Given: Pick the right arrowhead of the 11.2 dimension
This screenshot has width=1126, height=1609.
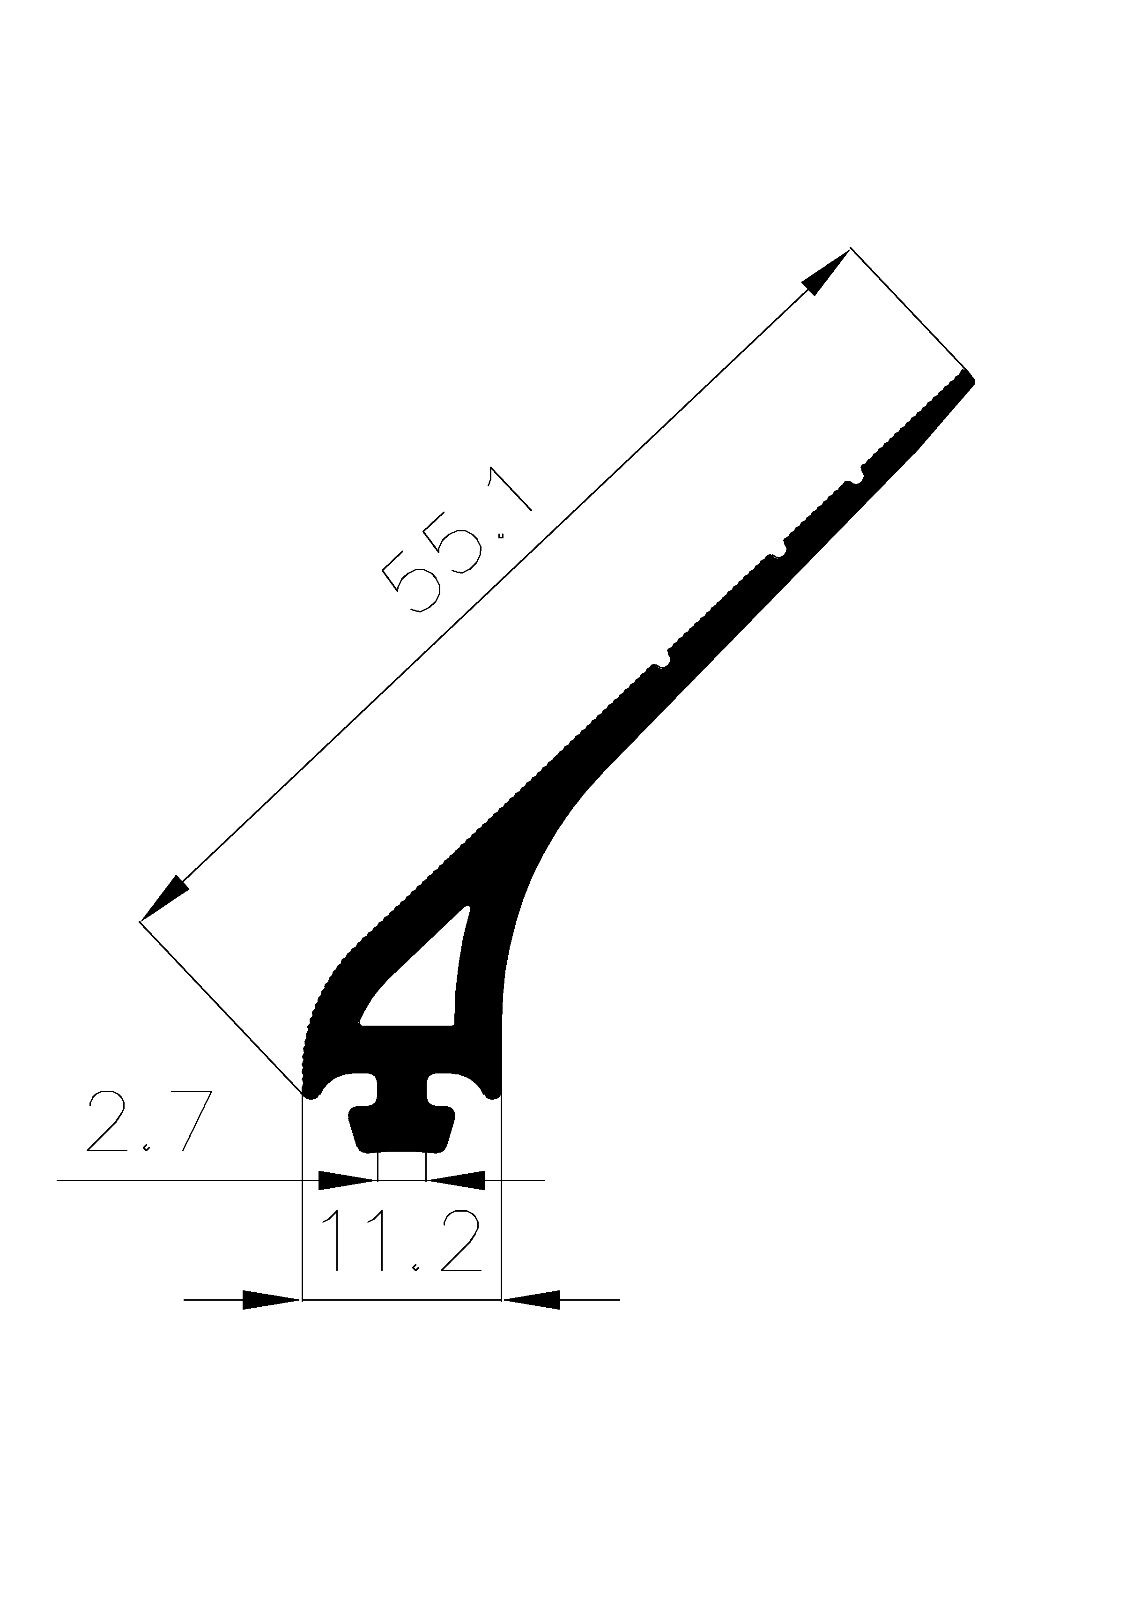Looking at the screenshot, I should (532, 1299).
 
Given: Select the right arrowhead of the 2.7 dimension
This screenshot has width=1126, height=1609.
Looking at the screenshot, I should (456, 1180).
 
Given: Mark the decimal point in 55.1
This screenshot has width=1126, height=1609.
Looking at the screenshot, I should (500, 537).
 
